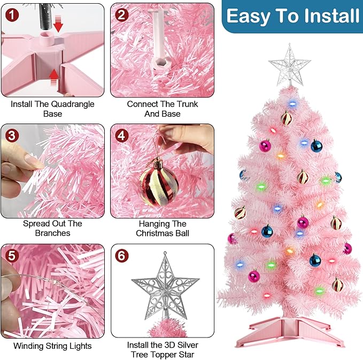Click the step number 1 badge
(12, 14)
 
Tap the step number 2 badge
(122, 14)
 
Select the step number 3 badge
(12, 135)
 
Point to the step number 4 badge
(122, 135)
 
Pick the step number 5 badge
(12, 256)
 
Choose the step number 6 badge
(122, 256)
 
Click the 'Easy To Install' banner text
(292, 16)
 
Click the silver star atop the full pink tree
(289, 65)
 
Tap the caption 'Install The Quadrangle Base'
(52, 109)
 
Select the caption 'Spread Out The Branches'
(52, 228)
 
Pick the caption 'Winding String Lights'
(52, 346)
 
